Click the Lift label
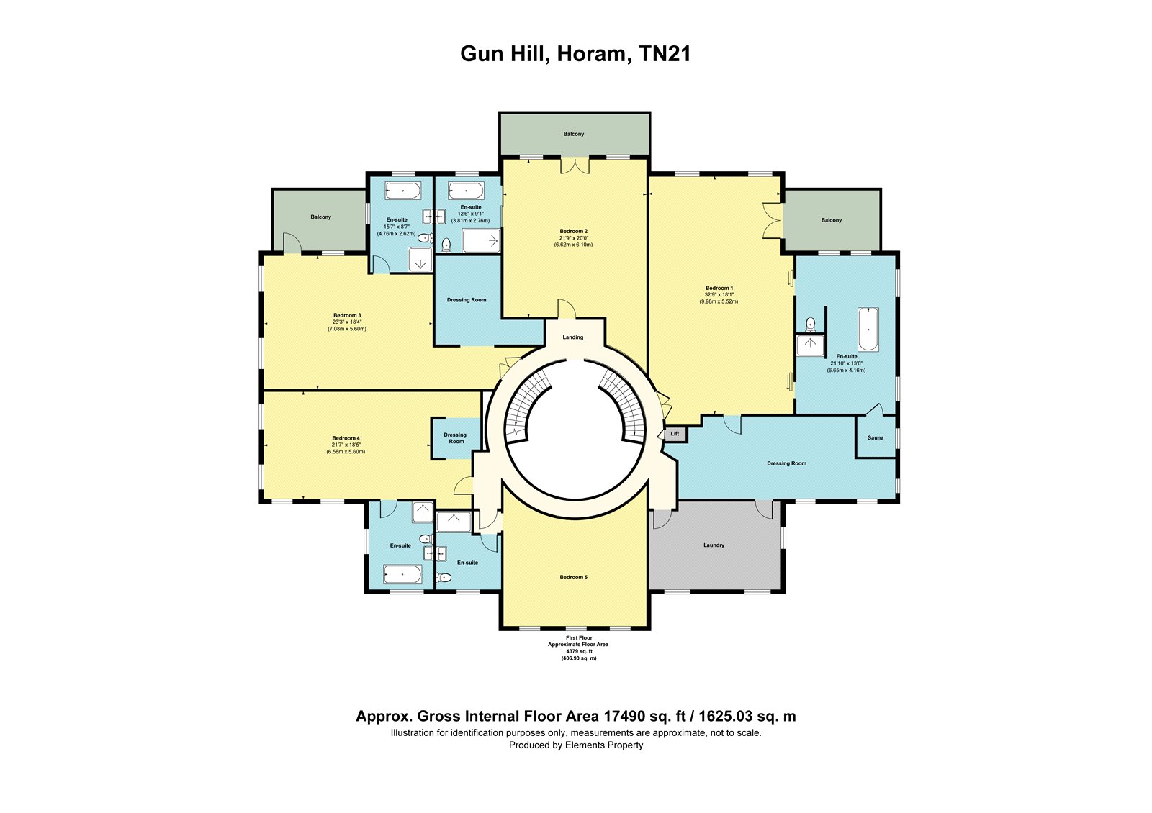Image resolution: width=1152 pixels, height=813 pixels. click(x=675, y=434)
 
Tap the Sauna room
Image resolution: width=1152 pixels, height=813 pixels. click(x=876, y=437)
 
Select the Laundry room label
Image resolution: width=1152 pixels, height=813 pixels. click(x=714, y=545)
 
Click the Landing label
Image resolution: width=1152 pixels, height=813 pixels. click(x=573, y=337)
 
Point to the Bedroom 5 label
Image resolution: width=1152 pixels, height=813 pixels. click(x=573, y=577)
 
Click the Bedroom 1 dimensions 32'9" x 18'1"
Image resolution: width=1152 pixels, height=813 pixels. click(x=719, y=295)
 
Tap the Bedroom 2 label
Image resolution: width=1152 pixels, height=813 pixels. click(x=573, y=231)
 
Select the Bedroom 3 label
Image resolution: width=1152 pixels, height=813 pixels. click(x=347, y=315)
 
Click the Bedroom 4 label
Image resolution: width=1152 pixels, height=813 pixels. click(x=346, y=438)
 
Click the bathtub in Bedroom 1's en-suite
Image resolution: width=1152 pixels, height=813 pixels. click(x=868, y=330)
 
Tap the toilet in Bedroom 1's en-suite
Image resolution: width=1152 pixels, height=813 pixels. click(x=811, y=324)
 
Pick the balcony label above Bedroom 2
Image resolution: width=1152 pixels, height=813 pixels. click(x=573, y=134)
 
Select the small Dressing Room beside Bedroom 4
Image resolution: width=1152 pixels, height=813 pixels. click(x=456, y=438)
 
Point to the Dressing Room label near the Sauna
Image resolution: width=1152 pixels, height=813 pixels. click(x=786, y=463)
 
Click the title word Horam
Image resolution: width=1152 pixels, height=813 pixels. click(x=594, y=54)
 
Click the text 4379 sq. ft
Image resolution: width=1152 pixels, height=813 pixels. click(x=579, y=651)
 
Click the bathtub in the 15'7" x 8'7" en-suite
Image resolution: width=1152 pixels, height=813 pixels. click(x=402, y=191)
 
